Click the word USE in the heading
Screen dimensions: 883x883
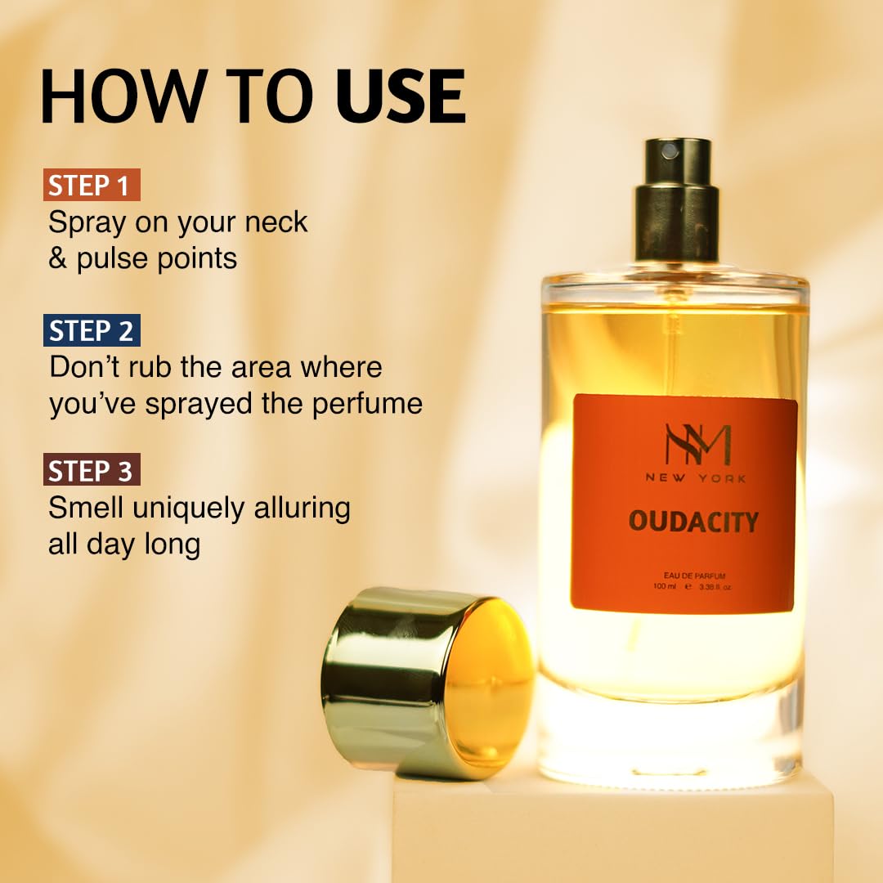pyautogui.click(x=401, y=97)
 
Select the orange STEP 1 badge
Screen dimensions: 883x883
pyautogui.click(x=91, y=186)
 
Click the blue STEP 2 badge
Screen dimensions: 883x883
pyautogui.click(x=92, y=330)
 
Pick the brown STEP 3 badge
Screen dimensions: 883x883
pyautogui.click(x=92, y=471)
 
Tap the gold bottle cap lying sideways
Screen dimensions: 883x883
pyautogui.click(x=428, y=683)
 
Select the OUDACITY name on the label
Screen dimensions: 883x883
pyautogui.click(x=693, y=522)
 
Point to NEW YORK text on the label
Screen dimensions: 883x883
pyautogui.click(x=695, y=478)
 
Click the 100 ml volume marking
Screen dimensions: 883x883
pyautogui.click(x=665, y=586)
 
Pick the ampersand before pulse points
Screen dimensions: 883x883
pyautogui.click(x=58, y=259)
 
